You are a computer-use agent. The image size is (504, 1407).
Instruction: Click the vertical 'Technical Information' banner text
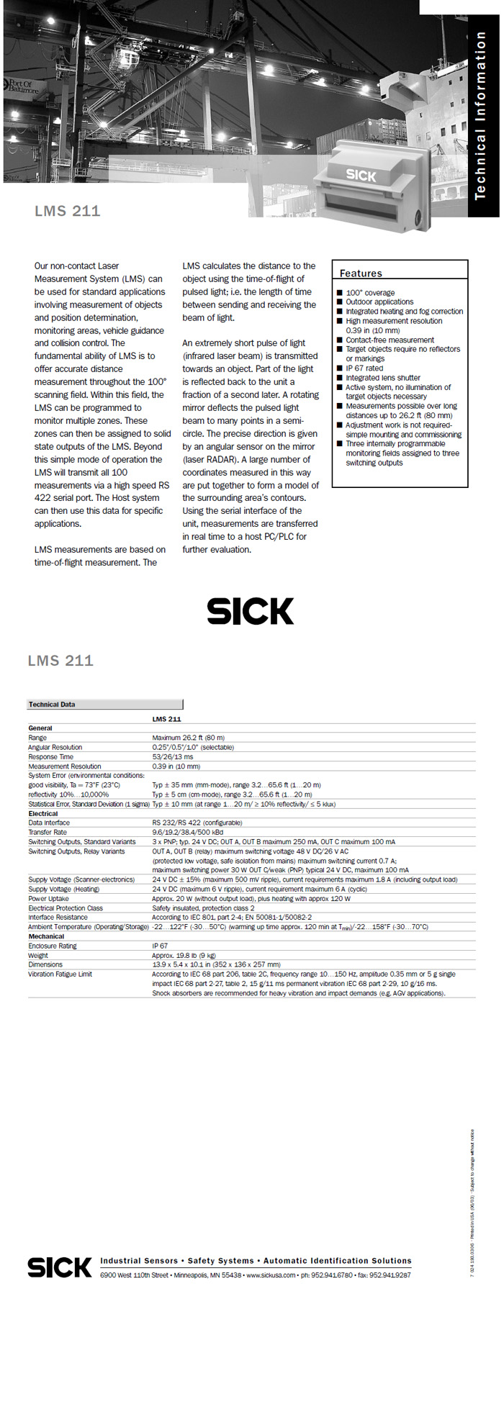tap(480, 115)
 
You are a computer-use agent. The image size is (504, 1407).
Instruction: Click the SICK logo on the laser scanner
tap(361, 174)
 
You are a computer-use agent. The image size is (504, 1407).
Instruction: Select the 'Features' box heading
tap(361, 273)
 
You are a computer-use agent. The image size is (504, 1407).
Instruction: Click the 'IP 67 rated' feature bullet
tap(364, 368)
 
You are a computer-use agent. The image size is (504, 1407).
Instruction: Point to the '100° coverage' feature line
tap(370, 293)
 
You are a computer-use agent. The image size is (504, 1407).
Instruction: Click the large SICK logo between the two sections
tap(250, 611)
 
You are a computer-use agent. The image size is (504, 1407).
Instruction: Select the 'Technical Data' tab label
tap(52, 705)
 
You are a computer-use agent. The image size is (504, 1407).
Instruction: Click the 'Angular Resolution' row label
tap(55, 747)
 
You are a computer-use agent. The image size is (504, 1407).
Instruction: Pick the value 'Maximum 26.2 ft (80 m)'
tap(189, 738)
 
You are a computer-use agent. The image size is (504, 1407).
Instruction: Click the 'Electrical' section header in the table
tap(43, 813)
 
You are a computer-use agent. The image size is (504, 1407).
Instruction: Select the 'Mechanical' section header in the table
tap(46, 936)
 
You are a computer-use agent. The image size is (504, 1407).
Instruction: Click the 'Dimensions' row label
tap(45, 964)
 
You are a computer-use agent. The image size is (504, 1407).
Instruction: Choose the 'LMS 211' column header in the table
tap(166, 719)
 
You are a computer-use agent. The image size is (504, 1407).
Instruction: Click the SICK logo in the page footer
tap(60, 1267)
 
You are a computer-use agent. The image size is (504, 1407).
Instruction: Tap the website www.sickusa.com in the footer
tap(271, 1275)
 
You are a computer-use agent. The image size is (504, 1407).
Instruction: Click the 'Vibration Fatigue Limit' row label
tap(60, 974)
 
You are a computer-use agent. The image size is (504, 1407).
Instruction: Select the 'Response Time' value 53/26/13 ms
tap(173, 756)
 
